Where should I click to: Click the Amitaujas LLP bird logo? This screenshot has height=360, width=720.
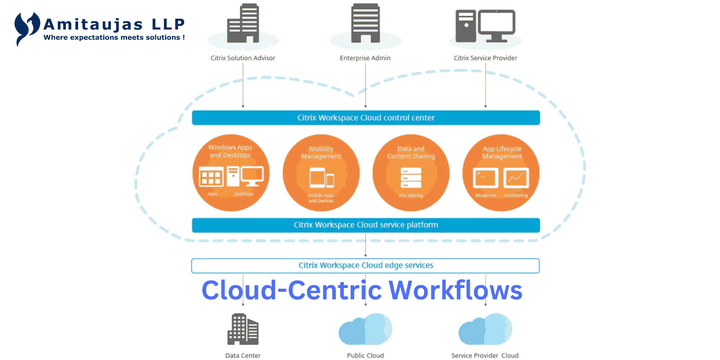pos(26,28)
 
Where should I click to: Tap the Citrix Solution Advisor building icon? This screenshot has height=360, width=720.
pos(243,23)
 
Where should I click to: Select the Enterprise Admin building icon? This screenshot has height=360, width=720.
pos(365,23)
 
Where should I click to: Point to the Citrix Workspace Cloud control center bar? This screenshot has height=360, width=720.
pos(366,118)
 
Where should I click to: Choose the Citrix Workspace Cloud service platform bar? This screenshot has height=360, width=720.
pos(366,225)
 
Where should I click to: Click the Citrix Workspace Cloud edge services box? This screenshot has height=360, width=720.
pos(365,266)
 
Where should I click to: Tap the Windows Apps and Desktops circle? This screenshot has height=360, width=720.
pos(231,173)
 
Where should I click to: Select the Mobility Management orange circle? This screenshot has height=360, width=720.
pos(321,173)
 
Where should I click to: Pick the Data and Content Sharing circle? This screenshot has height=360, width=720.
pos(411,173)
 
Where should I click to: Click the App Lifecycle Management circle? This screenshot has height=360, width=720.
pos(501,173)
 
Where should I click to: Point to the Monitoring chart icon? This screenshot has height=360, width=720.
pos(516,178)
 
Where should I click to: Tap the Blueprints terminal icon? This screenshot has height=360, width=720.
pos(485,178)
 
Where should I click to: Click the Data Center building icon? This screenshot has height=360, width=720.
pos(243,329)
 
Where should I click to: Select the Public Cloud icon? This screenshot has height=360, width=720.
pos(365,329)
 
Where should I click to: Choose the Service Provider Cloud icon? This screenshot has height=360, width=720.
pos(485,329)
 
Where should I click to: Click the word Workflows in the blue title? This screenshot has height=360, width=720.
pos(455,290)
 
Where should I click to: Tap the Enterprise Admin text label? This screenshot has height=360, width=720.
pos(365,58)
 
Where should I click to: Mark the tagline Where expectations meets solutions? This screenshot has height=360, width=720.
pos(114,37)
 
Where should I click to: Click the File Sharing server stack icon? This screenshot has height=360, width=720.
pos(411,178)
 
